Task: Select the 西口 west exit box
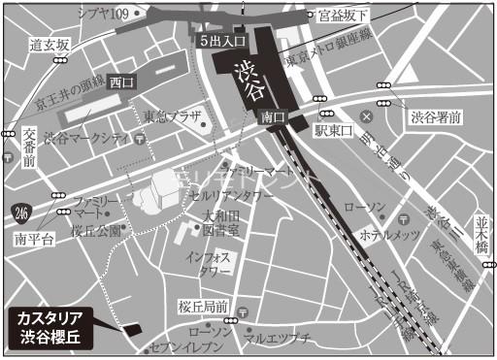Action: click(x=120, y=82)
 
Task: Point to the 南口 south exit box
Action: click(x=273, y=116)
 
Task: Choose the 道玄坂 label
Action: click(x=50, y=45)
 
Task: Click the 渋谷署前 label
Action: click(x=435, y=118)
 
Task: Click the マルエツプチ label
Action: click(x=277, y=338)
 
